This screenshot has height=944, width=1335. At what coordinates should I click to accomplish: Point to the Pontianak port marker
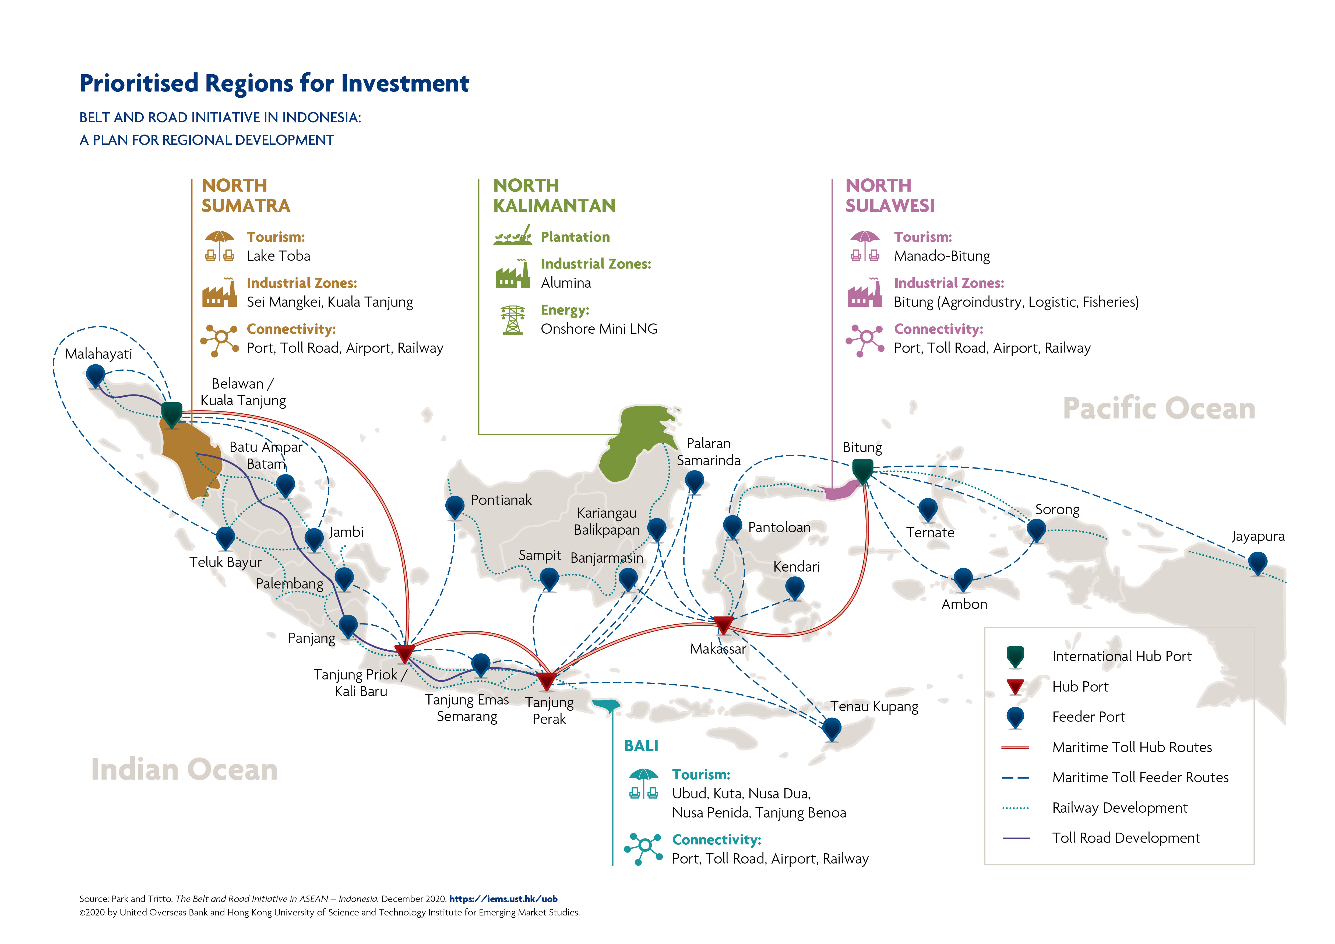[455, 508]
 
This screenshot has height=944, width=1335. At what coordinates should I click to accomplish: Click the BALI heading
[641, 746]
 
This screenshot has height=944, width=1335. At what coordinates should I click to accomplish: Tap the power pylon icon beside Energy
[512, 320]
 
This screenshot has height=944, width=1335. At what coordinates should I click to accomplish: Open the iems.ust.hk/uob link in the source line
[503, 899]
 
